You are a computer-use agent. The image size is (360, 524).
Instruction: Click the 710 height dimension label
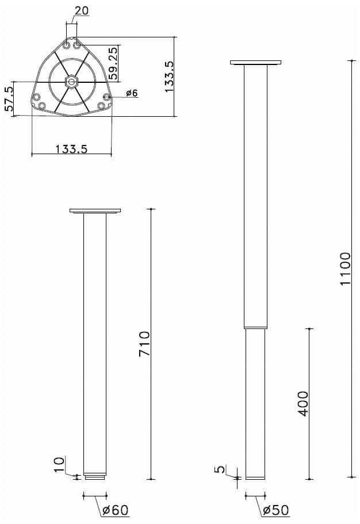144,343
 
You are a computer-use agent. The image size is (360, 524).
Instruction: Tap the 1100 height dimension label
345,269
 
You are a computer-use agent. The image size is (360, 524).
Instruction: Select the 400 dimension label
303,404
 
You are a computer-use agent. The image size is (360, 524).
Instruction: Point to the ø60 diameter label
116,510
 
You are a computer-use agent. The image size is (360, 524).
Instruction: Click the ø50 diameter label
276,510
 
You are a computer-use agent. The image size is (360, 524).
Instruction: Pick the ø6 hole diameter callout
132,93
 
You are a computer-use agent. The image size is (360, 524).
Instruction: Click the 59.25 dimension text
113,63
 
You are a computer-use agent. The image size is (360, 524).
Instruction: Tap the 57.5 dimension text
9,99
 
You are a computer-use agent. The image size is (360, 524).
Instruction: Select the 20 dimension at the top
82,11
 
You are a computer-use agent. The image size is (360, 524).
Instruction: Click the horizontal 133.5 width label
71,149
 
